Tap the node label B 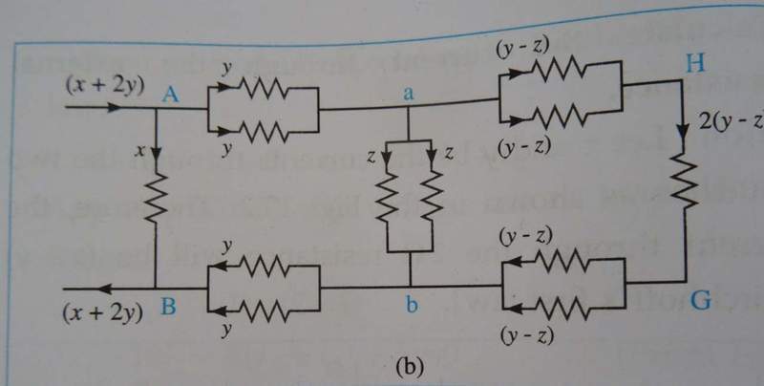[x=168, y=307]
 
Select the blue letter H [x=695, y=64]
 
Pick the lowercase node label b [x=411, y=307]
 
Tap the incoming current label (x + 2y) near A [x=105, y=84]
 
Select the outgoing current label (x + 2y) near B [x=104, y=310]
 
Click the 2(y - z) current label [x=732, y=121]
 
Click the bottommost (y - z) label [x=524, y=337]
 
